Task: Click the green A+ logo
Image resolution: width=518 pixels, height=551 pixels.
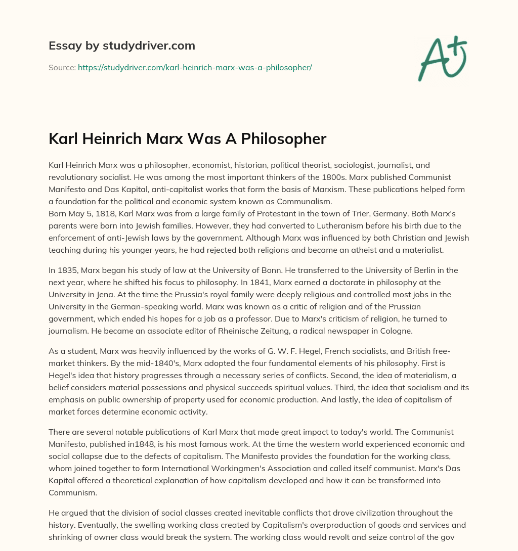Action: coord(442,58)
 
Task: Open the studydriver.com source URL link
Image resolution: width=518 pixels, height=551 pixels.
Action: coord(195,67)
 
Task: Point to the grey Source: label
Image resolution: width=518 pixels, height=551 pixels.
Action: coord(62,67)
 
